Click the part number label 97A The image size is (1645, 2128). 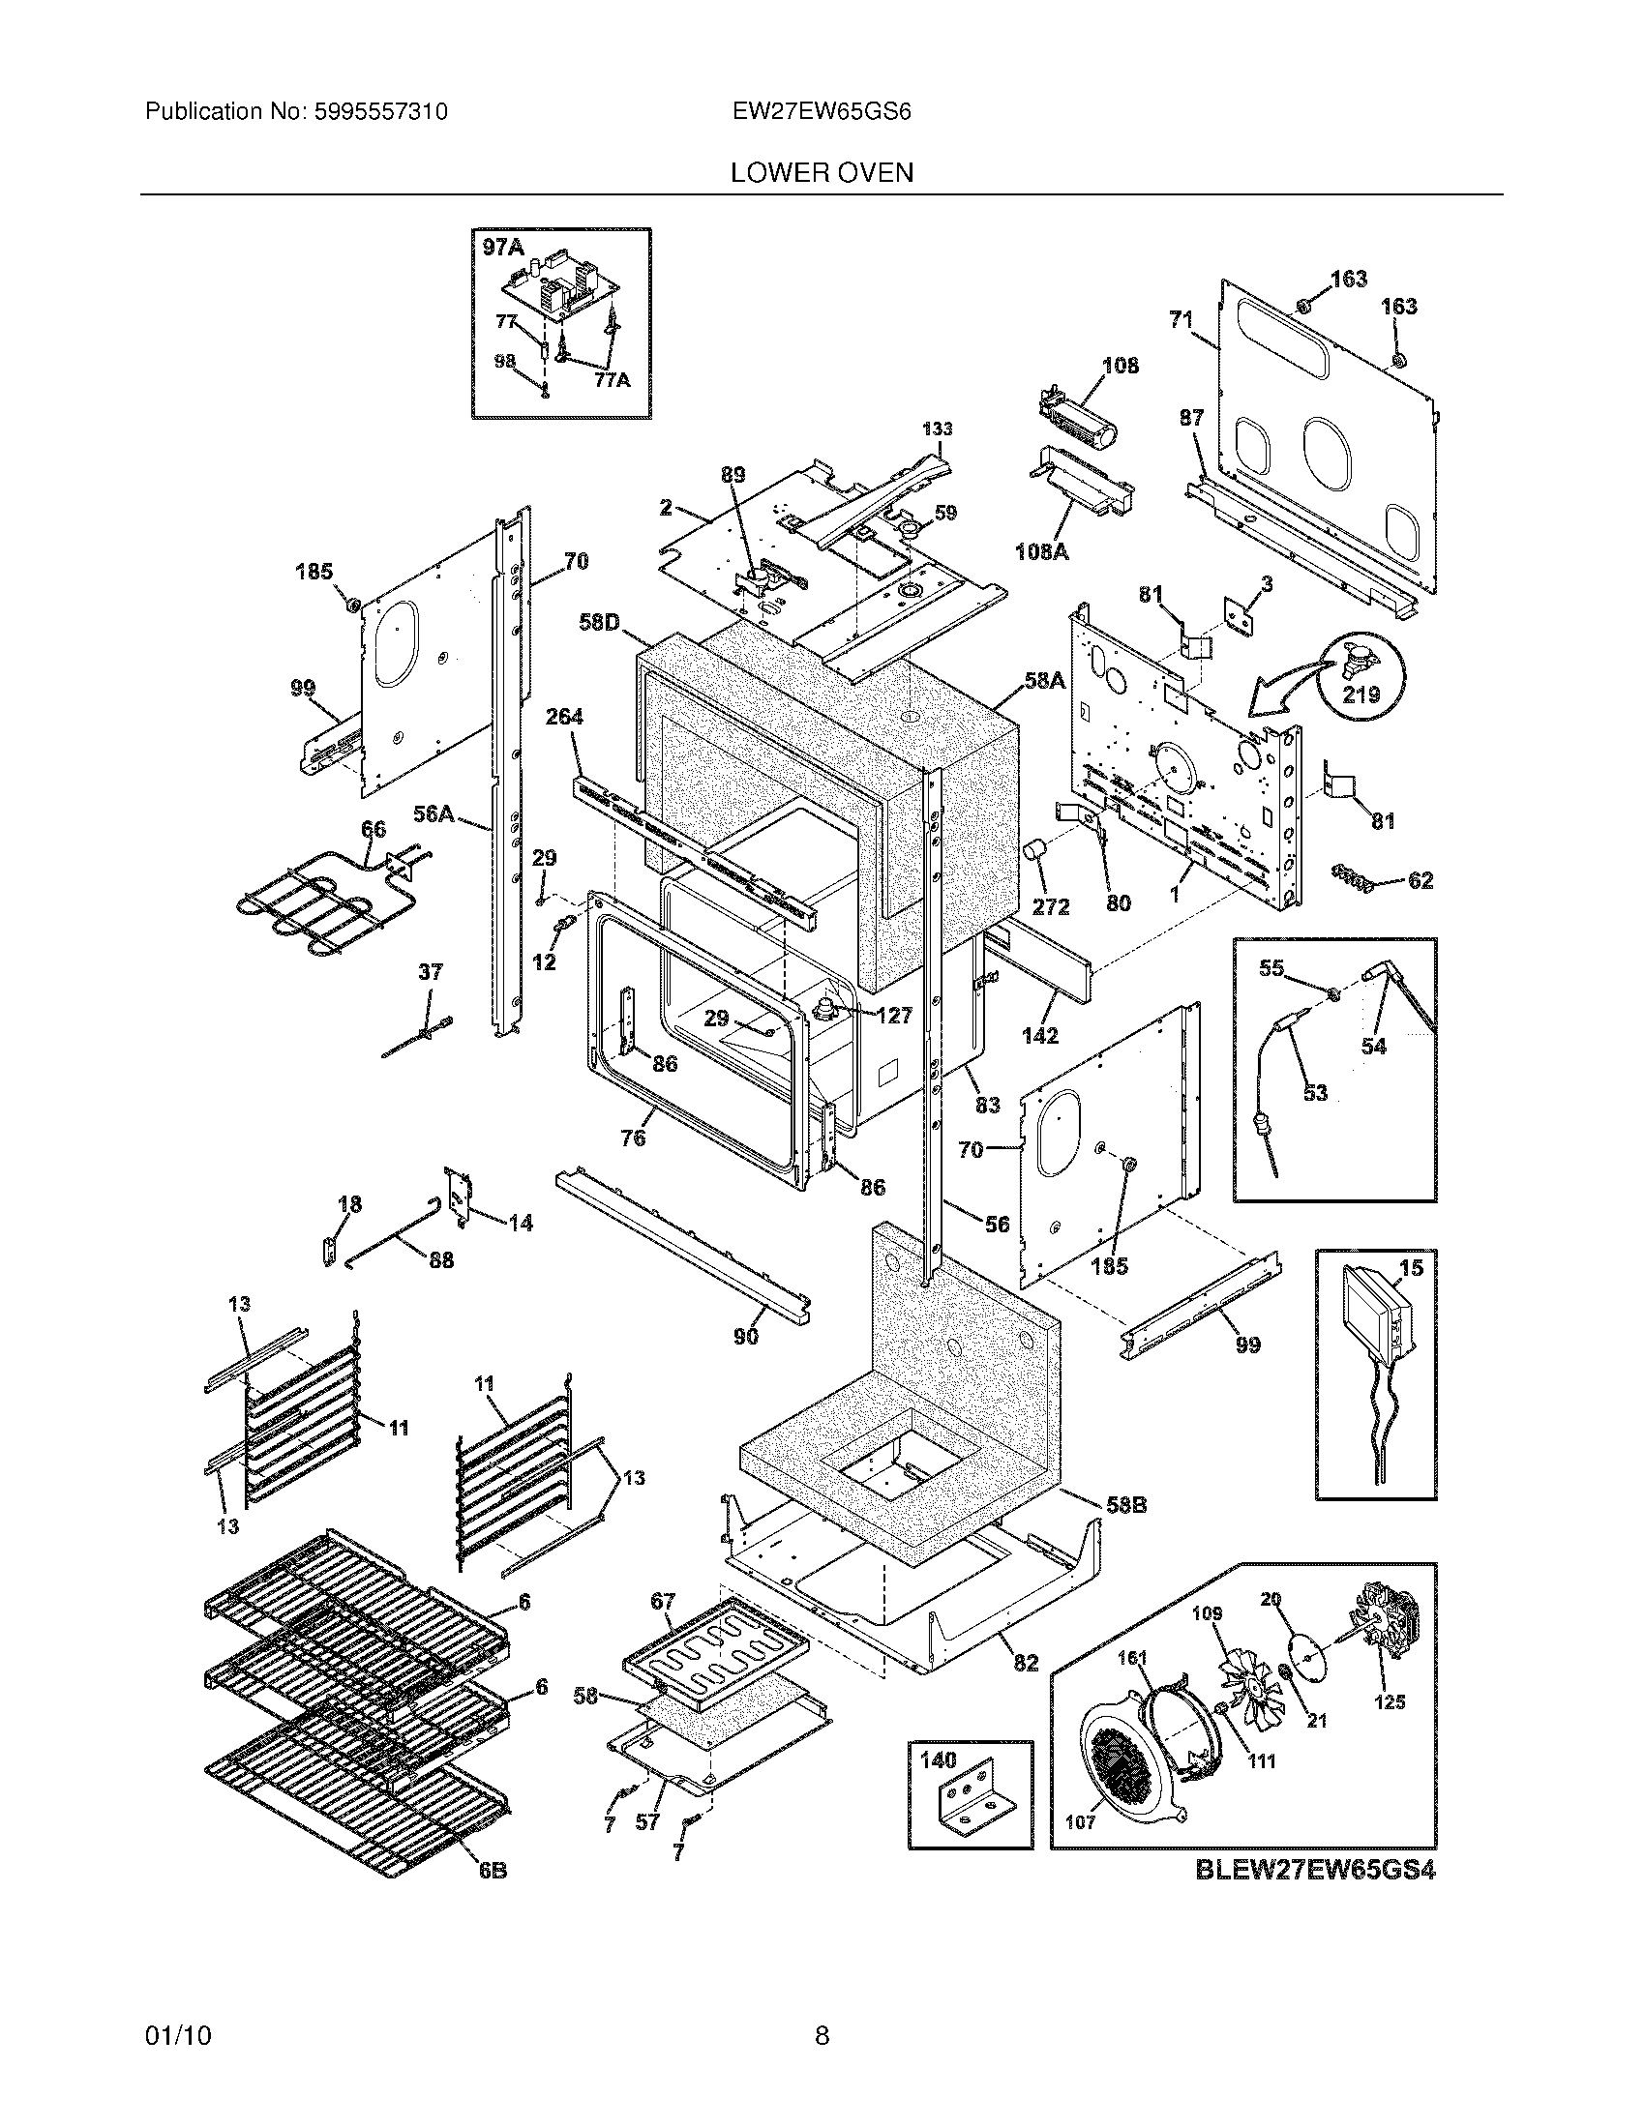502,249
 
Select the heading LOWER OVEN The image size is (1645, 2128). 822,172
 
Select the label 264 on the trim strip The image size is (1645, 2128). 563,717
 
